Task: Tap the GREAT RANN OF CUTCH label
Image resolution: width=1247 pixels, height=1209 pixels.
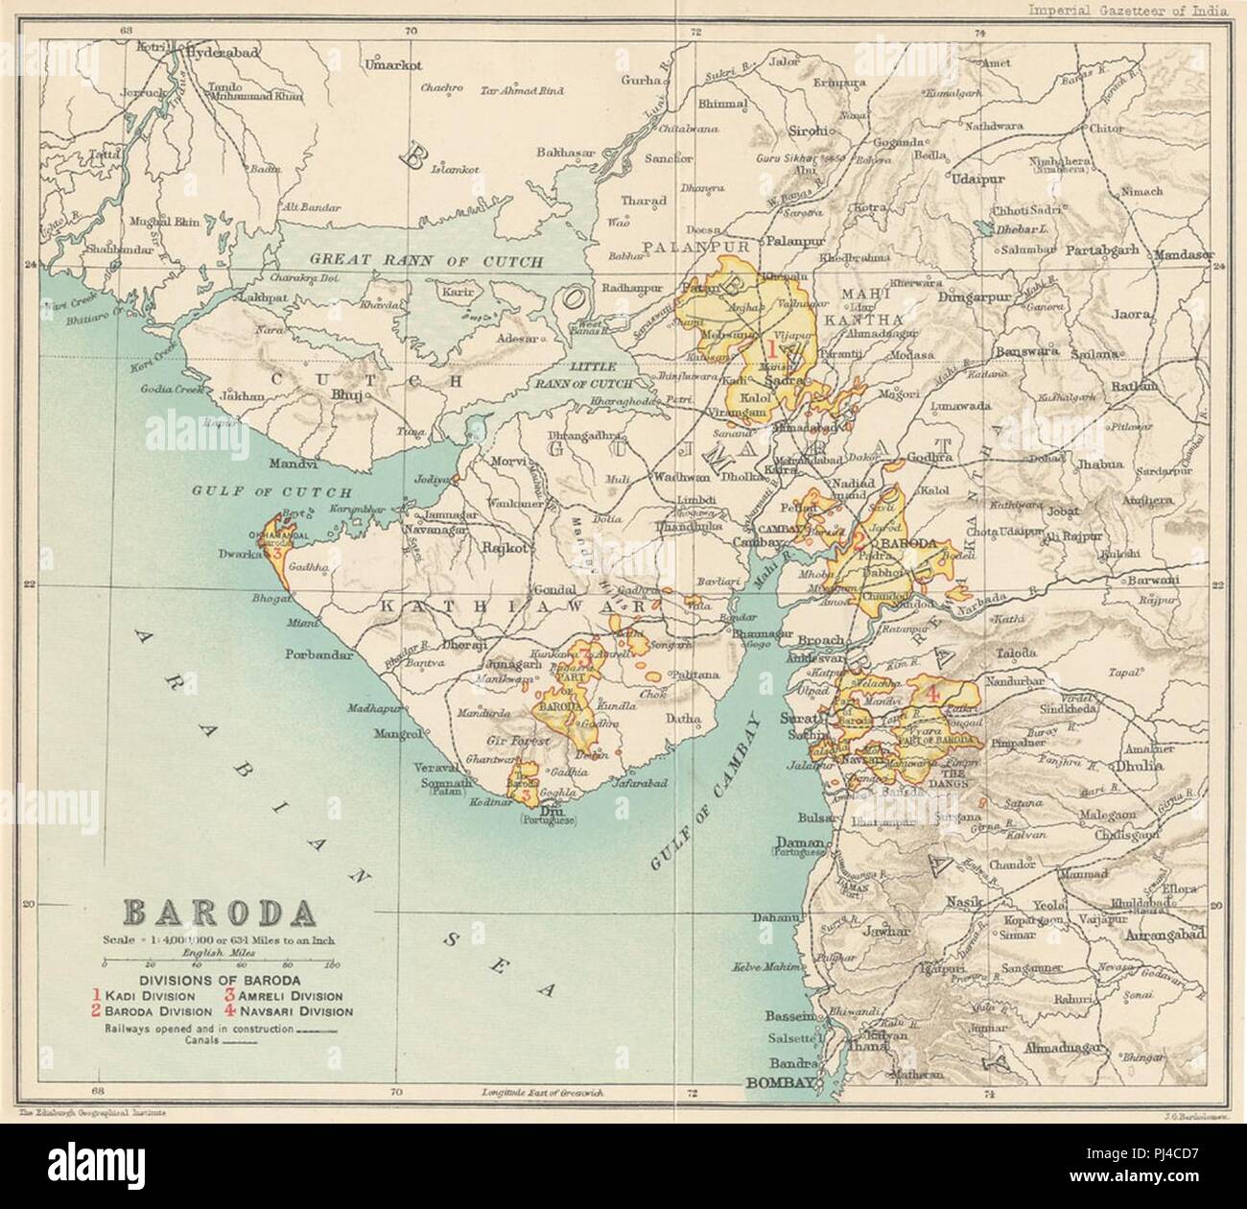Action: coord(428,261)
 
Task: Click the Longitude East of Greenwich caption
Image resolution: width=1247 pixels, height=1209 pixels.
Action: coord(553,1093)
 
